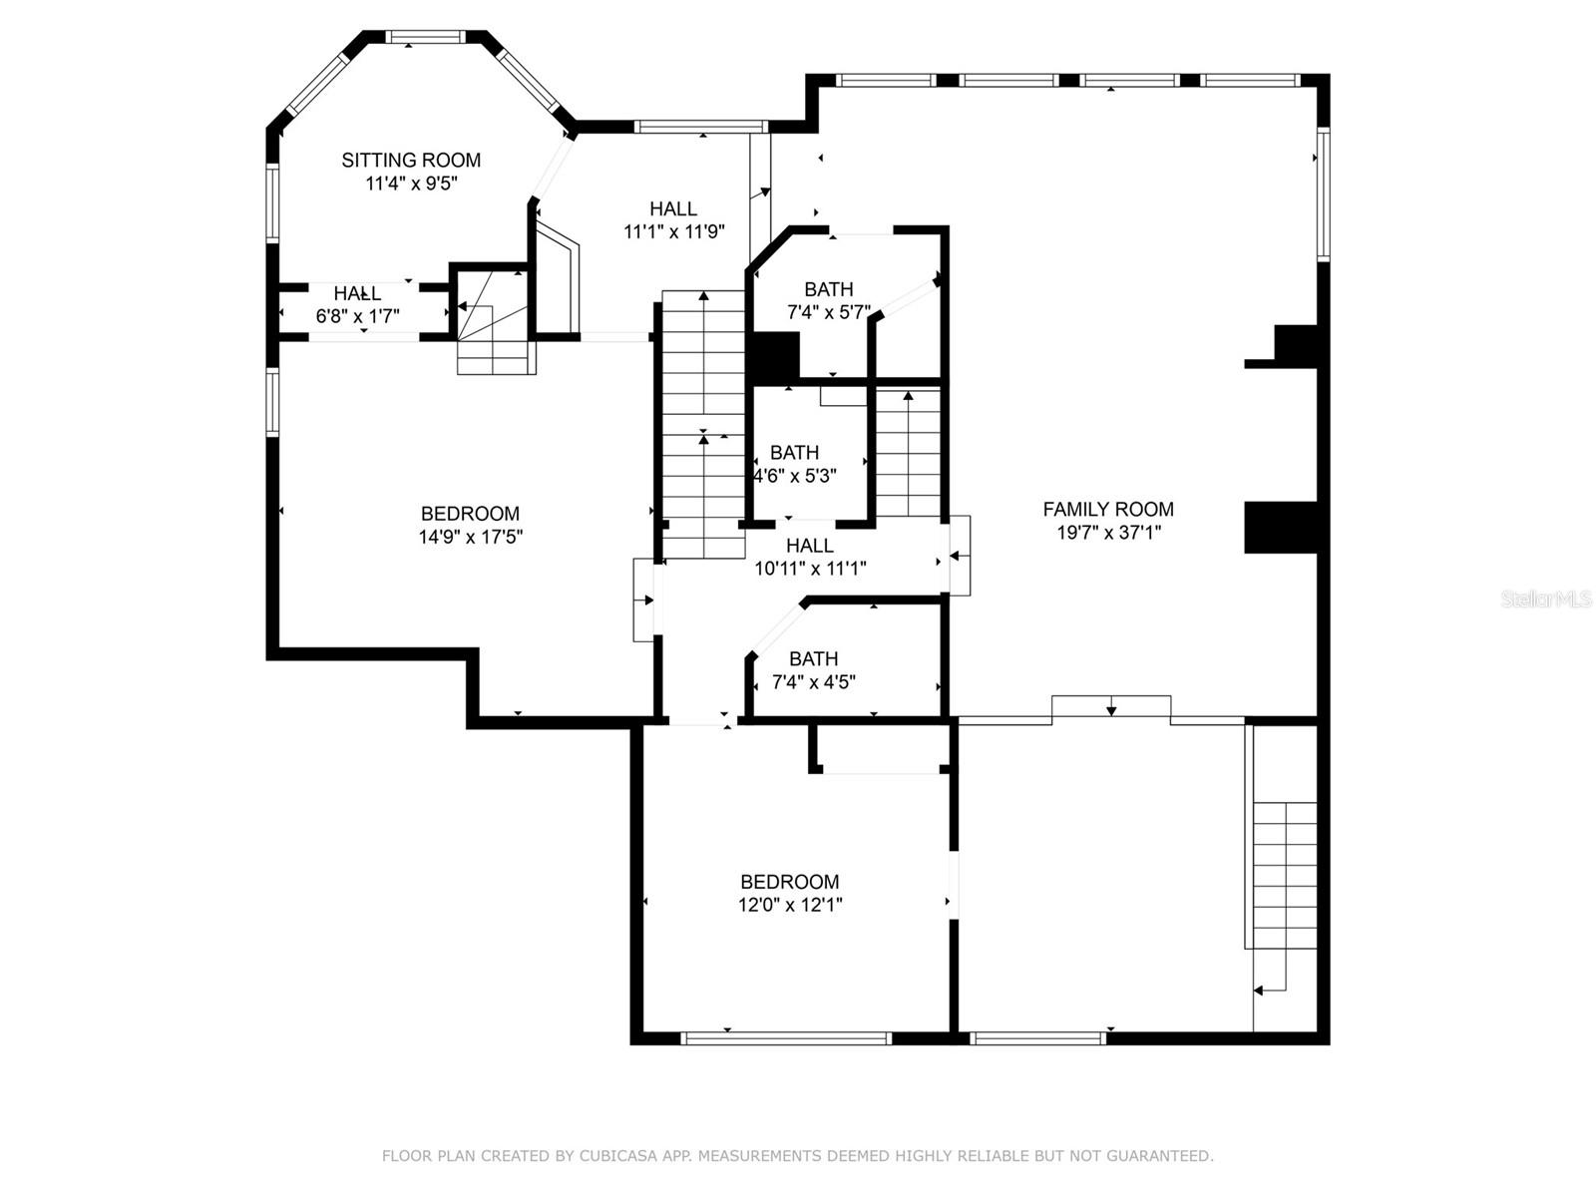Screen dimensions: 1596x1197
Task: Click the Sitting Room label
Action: click(411, 160)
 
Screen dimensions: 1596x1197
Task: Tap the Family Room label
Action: click(1108, 509)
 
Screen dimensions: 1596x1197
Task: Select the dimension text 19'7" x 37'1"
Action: click(1108, 533)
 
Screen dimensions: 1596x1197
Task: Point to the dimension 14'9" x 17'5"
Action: click(471, 537)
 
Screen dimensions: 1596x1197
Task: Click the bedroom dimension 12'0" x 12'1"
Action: click(790, 905)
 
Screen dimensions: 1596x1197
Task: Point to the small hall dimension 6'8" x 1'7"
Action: click(357, 316)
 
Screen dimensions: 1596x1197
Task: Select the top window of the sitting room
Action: click(425, 37)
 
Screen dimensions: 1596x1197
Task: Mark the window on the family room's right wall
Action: click(1324, 195)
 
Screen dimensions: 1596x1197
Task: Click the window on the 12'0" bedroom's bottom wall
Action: click(786, 1038)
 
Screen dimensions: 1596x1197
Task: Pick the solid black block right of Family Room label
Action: click(1281, 528)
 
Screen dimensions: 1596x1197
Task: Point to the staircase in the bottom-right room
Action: click(1285, 875)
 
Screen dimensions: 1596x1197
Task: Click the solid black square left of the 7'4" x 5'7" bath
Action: click(776, 357)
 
